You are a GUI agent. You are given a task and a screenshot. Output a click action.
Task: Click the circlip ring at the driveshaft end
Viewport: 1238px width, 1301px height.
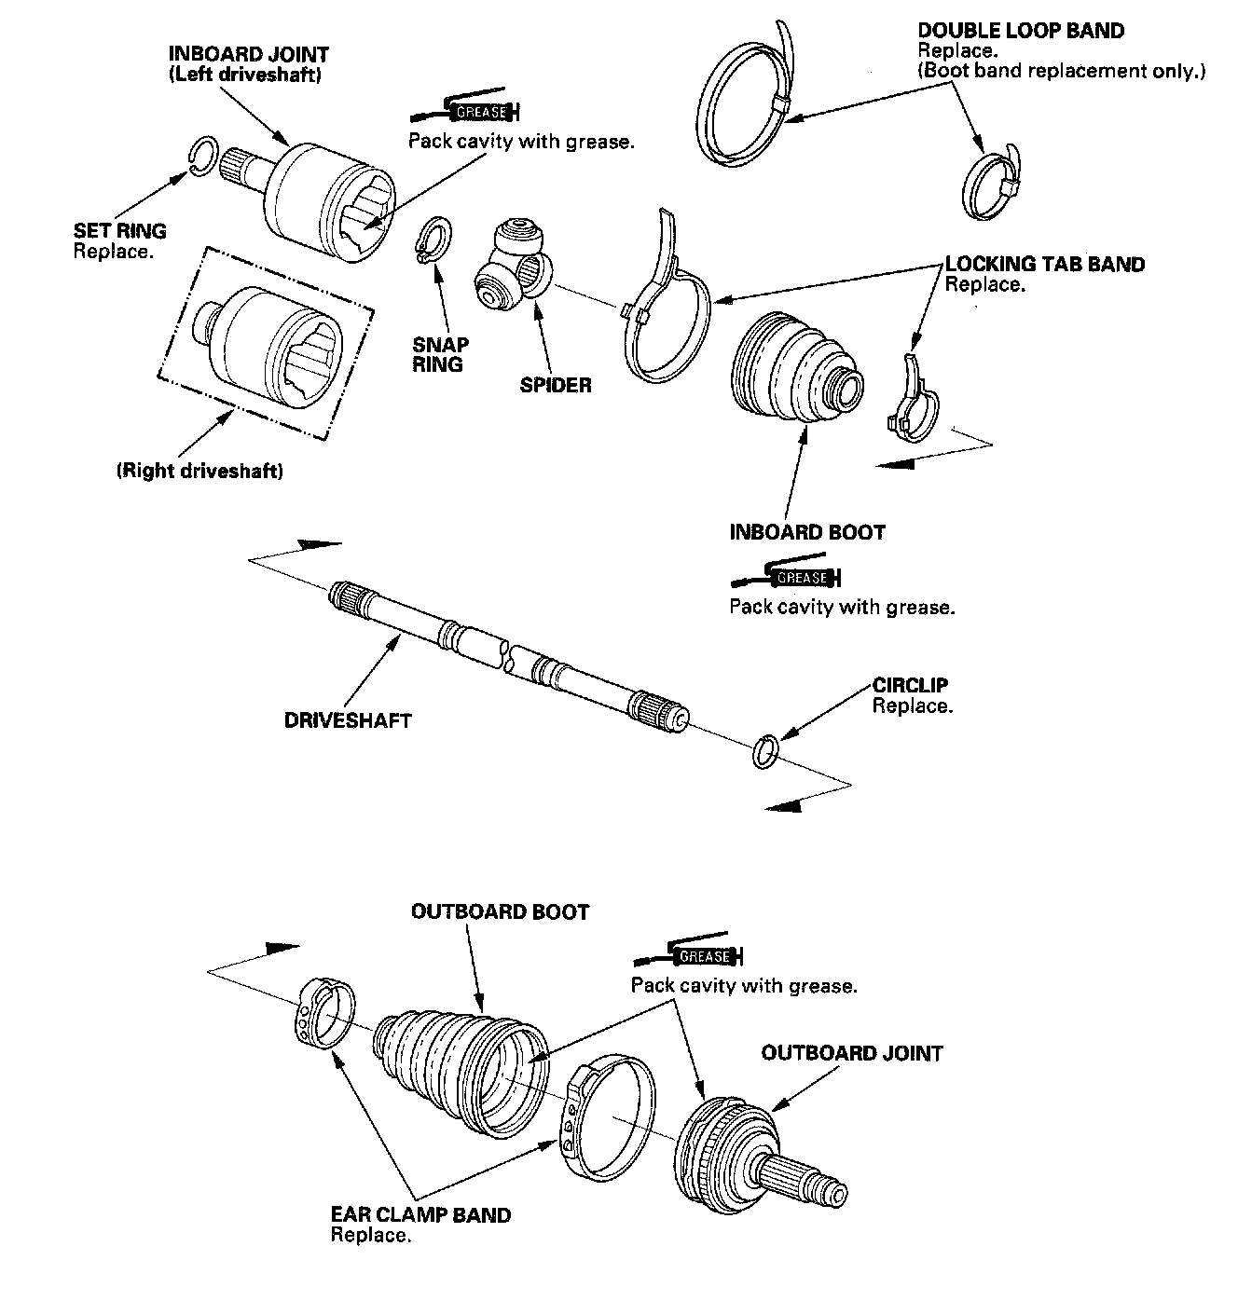coord(765,750)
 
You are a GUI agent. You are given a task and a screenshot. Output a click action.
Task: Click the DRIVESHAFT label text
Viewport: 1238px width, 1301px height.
coord(348,720)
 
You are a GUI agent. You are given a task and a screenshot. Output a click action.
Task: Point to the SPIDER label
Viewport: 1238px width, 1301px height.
coord(556,385)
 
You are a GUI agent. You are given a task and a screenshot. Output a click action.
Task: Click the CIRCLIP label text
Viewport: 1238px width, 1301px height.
coord(911,686)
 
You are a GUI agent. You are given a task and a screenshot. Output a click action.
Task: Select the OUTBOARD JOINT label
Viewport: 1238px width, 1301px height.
coord(852,1053)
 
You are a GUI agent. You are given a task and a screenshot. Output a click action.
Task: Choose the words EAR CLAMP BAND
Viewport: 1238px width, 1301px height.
coord(420,1215)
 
